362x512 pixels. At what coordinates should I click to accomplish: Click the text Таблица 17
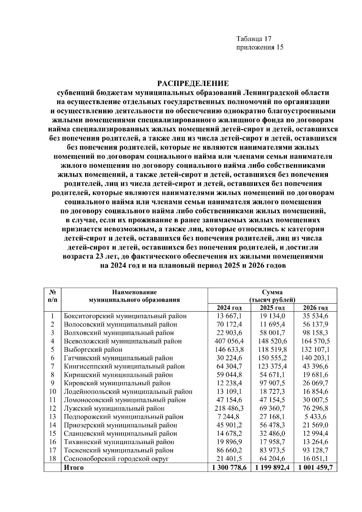[254, 39]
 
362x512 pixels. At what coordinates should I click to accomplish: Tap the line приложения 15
[260, 47]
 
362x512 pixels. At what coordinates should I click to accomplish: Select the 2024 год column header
[229, 308]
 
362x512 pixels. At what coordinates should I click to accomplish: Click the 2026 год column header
[315, 308]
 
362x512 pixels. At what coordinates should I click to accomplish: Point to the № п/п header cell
[52, 296]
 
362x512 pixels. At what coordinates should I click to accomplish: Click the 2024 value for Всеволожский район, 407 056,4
[229, 341]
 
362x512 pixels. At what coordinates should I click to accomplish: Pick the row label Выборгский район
[93, 350]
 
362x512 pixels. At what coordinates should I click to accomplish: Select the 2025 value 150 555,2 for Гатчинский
[272, 358]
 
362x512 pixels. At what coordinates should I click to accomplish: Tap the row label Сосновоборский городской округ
[116, 459]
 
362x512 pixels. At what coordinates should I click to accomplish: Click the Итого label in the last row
[74, 467]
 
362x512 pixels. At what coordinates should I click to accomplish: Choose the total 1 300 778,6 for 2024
[229, 467]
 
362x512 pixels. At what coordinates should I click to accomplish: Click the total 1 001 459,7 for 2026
[315, 467]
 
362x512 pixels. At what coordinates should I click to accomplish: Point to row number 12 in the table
[52, 409]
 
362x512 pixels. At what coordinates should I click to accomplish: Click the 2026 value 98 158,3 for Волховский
[315, 333]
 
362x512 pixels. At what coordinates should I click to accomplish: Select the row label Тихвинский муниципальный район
[119, 442]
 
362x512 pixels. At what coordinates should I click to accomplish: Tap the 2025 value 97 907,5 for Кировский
[272, 383]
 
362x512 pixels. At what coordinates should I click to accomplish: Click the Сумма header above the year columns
[272, 292]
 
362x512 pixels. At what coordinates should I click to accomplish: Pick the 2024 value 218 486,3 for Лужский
[229, 409]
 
